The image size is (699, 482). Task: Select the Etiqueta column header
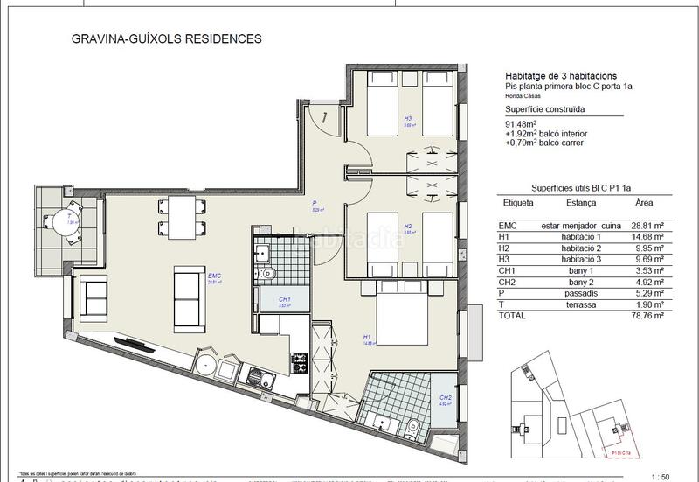[517, 202]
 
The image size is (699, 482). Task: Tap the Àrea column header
[643, 202]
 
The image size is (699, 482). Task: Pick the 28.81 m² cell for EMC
[647, 224]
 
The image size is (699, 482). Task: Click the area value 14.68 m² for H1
[647, 235]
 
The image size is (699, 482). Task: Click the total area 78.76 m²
[647, 315]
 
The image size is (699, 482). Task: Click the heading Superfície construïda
[545, 109]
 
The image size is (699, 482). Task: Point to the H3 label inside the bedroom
[407, 119]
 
